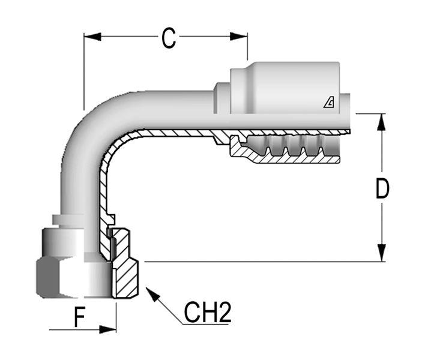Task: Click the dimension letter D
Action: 382,188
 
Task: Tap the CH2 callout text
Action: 207,313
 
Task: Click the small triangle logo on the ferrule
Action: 329,103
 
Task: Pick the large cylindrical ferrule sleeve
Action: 282,87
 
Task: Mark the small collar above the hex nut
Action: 72,220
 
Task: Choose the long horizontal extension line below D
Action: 258,262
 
